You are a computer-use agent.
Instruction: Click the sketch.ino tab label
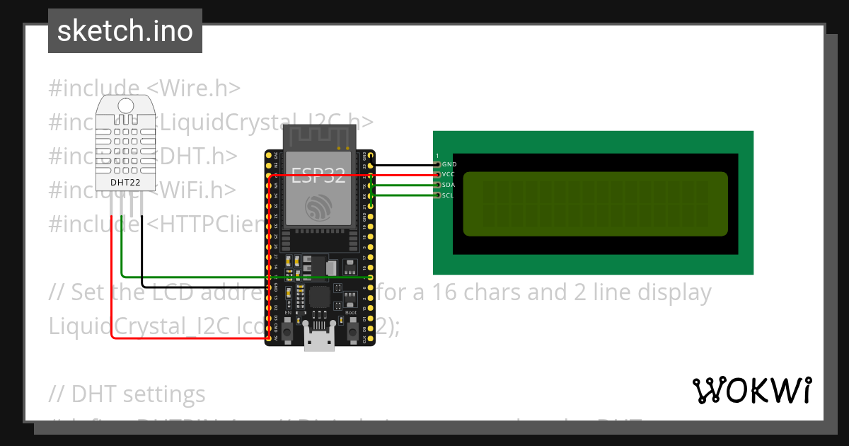click(x=125, y=31)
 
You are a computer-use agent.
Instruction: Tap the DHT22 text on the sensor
click(x=125, y=182)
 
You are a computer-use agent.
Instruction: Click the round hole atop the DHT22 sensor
click(x=126, y=106)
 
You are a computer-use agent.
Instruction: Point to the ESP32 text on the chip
click(x=318, y=176)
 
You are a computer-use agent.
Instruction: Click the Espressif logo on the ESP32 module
click(x=318, y=207)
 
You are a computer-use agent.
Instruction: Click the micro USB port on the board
click(x=319, y=341)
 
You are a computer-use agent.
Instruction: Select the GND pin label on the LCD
click(x=449, y=164)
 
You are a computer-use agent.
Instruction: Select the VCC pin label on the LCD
click(x=449, y=174)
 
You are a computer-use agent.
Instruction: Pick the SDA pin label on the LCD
click(x=449, y=185)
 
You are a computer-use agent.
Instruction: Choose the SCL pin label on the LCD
click(x=449, y=195)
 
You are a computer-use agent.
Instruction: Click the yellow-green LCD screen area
click(x=595, y=204)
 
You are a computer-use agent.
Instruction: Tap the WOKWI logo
click(x=751, y=390)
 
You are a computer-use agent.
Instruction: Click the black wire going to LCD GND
click(x=403, y=164)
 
